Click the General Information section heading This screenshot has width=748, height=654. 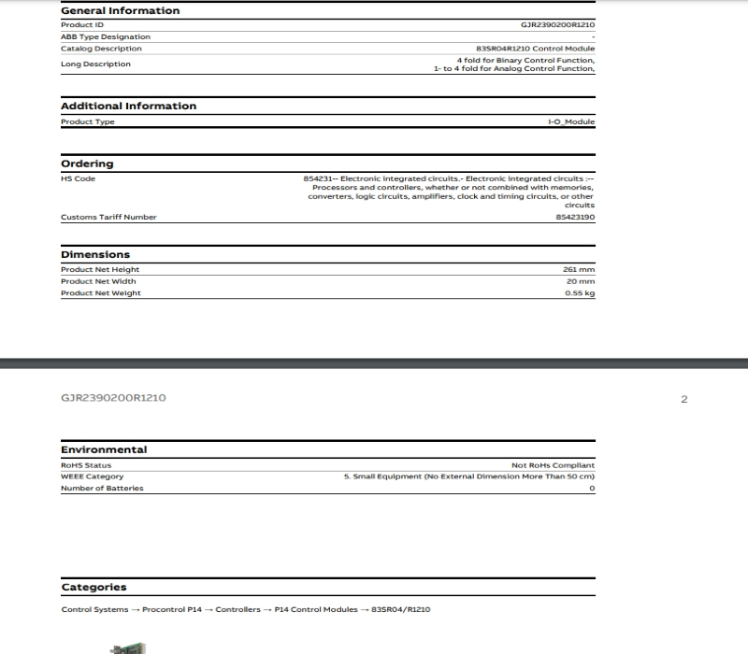pos(120,10)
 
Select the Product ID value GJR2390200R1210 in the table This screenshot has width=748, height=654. pos(557,24)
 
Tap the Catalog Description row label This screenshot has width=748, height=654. pos(101,49)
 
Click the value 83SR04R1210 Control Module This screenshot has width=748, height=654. pos(535,49)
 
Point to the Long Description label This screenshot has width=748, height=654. pos(95,64)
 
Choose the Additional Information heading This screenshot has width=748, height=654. pos(128,106)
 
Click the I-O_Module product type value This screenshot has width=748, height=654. pos(570,121)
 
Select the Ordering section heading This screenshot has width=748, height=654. pos(87,163)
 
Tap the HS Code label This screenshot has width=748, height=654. pos(78,178)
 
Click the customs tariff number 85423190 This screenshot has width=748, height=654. pos(575,217)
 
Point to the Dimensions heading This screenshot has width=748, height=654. pos(95,254)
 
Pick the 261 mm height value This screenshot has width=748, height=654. pos(579,269)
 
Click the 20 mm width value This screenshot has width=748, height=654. pos(582,281)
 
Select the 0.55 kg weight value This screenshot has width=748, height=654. pos(580,293)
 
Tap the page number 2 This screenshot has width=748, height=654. pos(683,399)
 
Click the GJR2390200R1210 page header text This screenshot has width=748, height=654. pos(113,398)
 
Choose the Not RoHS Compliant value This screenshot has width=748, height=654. pos(553,464)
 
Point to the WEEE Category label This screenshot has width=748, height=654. pos(92,476)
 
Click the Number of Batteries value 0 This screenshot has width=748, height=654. pos(592,488)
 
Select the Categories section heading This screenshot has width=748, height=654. pos(93,587)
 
